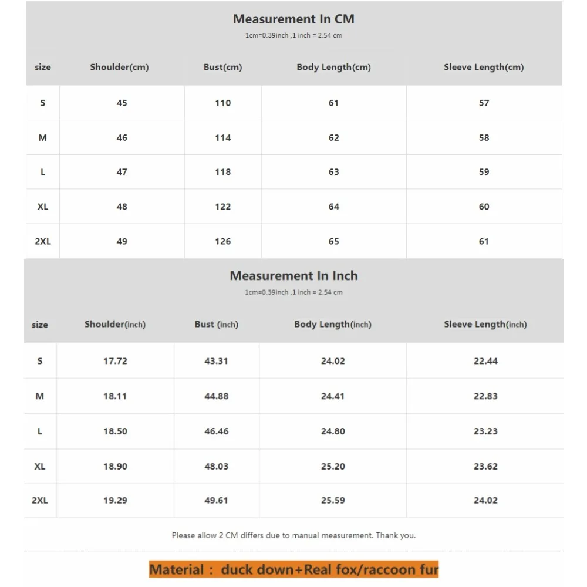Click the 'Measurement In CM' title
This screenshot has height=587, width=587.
[x=293, y=19]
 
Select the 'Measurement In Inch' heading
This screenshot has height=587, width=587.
[x=293, y=276]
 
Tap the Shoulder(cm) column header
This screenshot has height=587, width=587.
[x=119, y=67]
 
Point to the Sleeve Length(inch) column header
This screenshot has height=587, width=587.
[x=485, y=324]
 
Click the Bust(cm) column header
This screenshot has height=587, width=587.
[x=222, y=67]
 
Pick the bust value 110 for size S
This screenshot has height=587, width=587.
[x=223, y=103]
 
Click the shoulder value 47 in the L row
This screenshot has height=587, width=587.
[x=122, y=172]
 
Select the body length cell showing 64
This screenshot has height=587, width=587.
[x=334, y=207]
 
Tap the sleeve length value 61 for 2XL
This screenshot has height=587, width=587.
[x=484, y=241]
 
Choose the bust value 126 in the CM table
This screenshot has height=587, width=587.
[x=223, y=241]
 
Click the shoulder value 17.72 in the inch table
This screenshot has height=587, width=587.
[x=115, y=361]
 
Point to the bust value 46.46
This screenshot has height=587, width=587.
[x=216, y=431]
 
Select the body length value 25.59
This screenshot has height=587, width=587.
[x=333, y=501]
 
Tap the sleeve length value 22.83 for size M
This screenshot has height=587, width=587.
[x=485, y=396]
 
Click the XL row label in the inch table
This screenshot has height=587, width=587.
[x=40, y=466]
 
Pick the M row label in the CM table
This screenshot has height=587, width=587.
[x=42, y=137]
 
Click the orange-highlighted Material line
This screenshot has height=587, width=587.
[x=293, y=569]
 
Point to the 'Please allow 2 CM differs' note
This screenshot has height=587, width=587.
[x=293, y=535]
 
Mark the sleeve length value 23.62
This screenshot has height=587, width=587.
[x=485, y=466]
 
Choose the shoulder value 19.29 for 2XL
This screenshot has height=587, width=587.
[x=115, y=501]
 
